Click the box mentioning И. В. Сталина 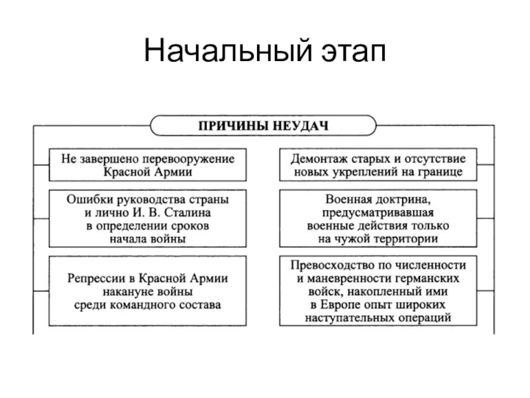click(148, 220)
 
